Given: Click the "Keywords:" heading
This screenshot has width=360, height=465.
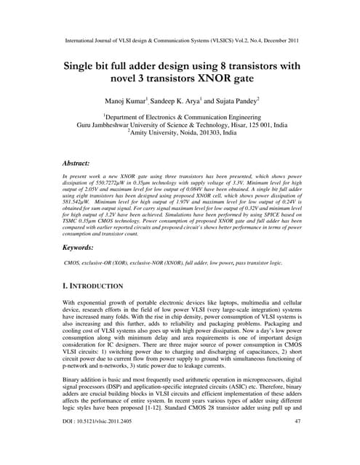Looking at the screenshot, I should [x=84, y=249].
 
